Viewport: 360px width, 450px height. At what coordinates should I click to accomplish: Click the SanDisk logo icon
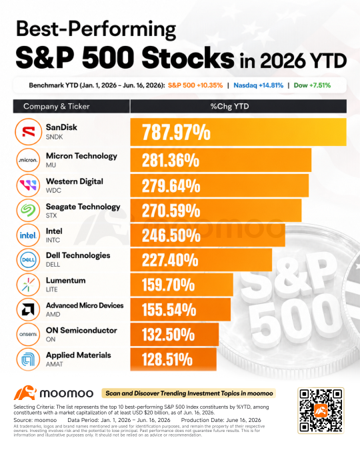tap(29, 132)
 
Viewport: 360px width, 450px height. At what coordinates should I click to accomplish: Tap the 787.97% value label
tap(176, 132)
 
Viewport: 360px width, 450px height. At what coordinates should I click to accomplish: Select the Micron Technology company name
tap(81, 156)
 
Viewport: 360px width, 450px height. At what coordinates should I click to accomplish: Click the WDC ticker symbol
tap(53, 190)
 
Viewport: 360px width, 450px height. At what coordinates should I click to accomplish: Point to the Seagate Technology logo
tap(28, 211)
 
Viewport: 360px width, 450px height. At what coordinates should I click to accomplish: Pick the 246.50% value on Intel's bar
tap(171, 235)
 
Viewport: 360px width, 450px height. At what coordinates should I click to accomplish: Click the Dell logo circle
tap(28, 260)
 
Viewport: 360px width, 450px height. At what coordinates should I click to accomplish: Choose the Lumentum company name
tap(66, 281)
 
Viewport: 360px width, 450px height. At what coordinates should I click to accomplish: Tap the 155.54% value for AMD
tap(169, 310)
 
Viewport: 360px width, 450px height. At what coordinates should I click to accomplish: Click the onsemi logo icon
tap(28, 335)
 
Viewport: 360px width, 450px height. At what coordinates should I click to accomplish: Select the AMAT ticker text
tap(54, 364)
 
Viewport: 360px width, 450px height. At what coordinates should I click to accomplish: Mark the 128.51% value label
tap(167, 359)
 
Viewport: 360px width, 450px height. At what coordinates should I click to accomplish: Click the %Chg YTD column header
tap(229, 107)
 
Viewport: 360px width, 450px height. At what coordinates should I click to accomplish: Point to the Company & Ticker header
tap(57, 107)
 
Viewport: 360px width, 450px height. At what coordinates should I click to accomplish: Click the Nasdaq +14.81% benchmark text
tap(259, 85)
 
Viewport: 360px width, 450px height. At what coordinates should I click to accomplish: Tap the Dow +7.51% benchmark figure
tap(312, 85)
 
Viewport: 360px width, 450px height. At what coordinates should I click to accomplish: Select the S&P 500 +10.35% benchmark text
tap(195, 85)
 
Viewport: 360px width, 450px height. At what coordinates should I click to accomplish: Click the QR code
tap(321, 411)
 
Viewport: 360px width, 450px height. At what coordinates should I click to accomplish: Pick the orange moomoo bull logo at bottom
tap(25, 393)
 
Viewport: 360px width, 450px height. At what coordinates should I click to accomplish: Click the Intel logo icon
tap(28, 235)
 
